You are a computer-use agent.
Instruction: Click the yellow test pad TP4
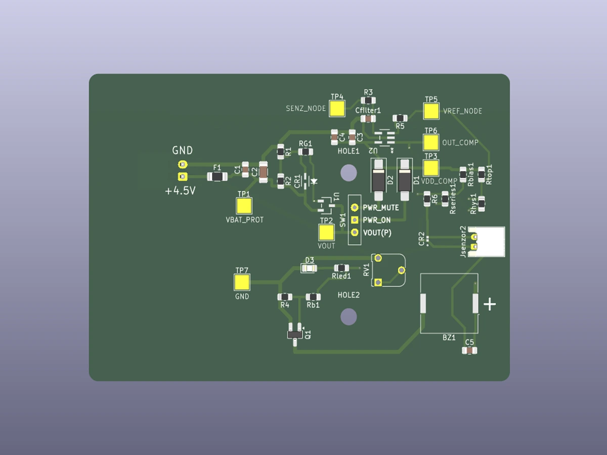pos(337,108)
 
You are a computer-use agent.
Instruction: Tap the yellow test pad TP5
pos(431,111)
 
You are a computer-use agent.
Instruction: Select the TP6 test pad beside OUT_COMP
pos(430,142)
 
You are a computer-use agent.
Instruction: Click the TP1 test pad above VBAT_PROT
pos(244,205)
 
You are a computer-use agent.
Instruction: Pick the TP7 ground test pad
pos(242,282)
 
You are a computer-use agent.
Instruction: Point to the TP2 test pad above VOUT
pos(326,232)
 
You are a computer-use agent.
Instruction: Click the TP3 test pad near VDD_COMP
pos(430,167)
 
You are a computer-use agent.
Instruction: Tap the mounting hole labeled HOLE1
pos(349,173)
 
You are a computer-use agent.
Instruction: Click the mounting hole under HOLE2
pos(349,317)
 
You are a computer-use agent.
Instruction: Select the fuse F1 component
pos(217,176)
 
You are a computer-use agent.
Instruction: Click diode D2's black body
pos(378,179)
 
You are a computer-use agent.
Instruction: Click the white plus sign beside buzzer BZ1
pos(490,304)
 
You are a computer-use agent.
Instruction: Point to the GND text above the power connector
pos(182,150)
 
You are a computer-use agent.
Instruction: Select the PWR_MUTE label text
pos(380,208)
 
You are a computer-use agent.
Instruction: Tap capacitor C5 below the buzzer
pos(469,350)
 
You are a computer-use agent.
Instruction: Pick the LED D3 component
pos(308,268)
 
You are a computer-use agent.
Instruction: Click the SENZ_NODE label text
pos(306,108)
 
